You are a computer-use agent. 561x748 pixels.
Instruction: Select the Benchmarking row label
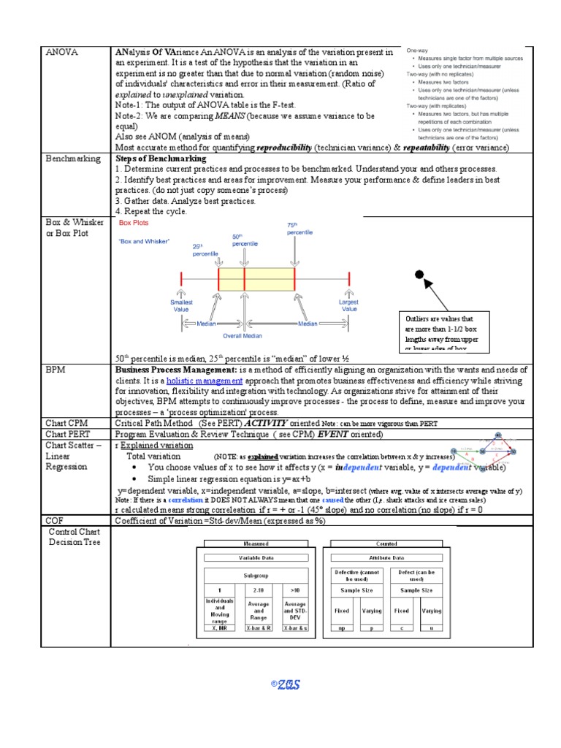click(x=72, y=159)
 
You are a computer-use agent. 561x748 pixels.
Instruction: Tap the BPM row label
click(x=56, y=370)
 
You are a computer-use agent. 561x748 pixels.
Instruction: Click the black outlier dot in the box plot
click(x=419, y=275)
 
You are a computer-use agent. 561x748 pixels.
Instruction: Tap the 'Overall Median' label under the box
click(x=243, y=336)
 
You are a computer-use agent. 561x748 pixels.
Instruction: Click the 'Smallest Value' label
click(x=180, y=305)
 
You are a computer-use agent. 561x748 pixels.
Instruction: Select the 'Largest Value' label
click(x=349, y=305)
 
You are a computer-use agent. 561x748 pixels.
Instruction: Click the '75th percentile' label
click(x=299, y=228)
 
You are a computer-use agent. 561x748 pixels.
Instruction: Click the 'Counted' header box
click(x=386, y=544)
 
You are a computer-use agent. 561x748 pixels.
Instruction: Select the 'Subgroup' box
click(x=256, y=575)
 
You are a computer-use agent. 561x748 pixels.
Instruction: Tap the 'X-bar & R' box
click(x=259, y=627)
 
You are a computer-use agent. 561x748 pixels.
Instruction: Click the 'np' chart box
click(x=341, y=627)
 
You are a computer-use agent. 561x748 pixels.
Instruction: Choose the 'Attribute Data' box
click(x=386, y=557)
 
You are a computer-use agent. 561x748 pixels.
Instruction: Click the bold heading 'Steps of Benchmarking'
click(x=161, y=159)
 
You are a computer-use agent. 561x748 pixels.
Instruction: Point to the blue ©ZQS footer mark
click(x=286, y=684)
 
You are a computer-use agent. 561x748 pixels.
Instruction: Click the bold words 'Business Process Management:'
click(x=165, y=370)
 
